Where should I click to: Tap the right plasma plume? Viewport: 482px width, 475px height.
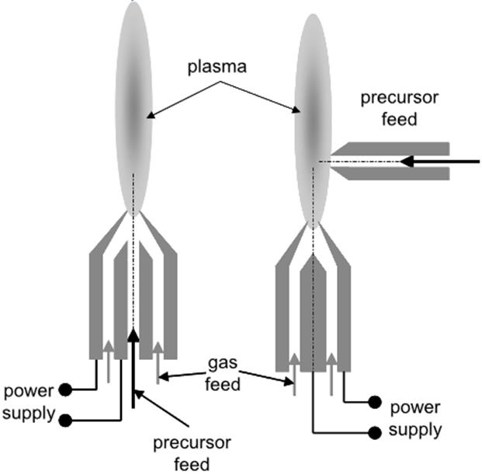[313, 117]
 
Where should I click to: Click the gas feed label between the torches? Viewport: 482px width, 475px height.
[224, 373]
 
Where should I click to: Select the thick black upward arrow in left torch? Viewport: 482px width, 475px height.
[134, 365]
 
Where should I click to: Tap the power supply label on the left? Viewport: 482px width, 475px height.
[29, 401]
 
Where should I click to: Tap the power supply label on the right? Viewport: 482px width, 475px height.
[416, 417]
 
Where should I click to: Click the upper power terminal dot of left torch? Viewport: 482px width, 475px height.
[68, 389]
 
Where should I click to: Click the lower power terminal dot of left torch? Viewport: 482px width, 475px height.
[68, 420]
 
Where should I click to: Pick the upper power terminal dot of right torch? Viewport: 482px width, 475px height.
[374, 402]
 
